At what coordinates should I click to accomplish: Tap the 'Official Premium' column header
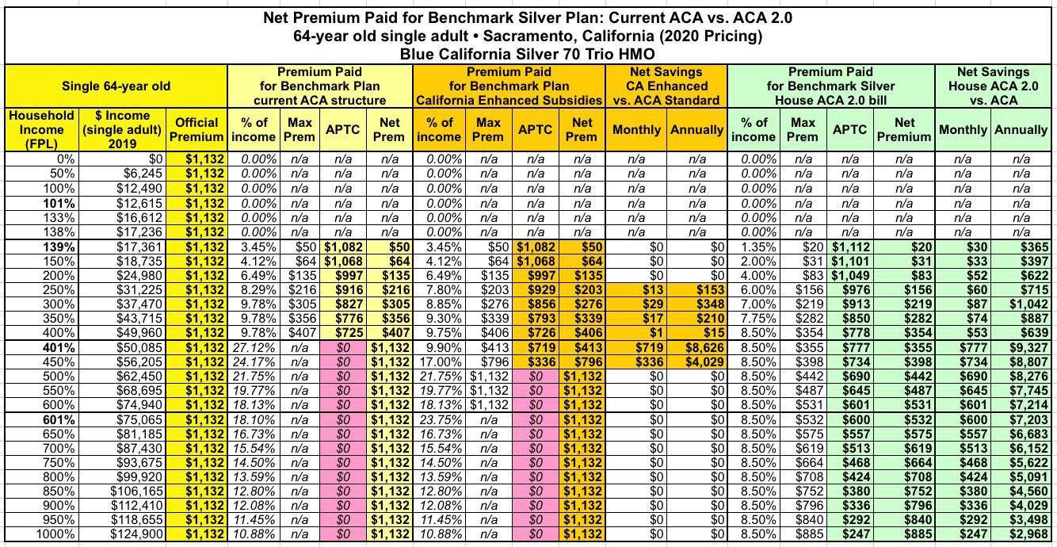(197, 129)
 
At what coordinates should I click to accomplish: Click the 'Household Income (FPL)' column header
(41, 130)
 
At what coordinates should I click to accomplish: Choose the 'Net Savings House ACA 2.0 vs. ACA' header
(993, 86)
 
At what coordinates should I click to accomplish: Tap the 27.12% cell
(256, 348)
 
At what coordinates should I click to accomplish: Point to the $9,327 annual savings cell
(1028, 348)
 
